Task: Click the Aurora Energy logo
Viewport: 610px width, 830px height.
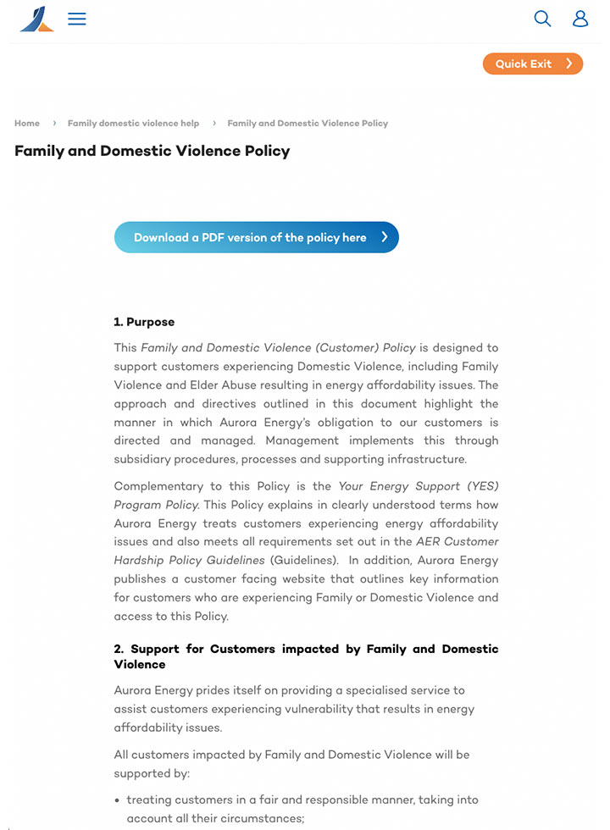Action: [36, 19]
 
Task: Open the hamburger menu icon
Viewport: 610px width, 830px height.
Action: [77, 19]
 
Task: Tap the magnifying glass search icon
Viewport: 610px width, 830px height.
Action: [542, 19]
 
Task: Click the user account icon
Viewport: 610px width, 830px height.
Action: [580, 19]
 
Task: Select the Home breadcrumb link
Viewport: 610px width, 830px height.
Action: [27, 124]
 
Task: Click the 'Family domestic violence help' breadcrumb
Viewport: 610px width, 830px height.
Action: [133, 124]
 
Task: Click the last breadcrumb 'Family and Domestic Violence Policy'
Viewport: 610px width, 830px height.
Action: [308, 124]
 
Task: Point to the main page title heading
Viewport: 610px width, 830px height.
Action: [152, 152]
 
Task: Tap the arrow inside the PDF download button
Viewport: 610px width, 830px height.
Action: [385, 238]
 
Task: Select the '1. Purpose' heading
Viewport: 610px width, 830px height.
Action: [144, 322]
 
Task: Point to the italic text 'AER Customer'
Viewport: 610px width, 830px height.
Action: [457, 542]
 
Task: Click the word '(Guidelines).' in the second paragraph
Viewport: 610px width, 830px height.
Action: [304, 561]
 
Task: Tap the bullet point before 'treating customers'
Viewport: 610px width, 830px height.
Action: [117, 800]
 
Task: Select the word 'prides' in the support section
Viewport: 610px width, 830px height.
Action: [224, 691]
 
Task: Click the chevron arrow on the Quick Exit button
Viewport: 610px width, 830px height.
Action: [569, 64]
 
